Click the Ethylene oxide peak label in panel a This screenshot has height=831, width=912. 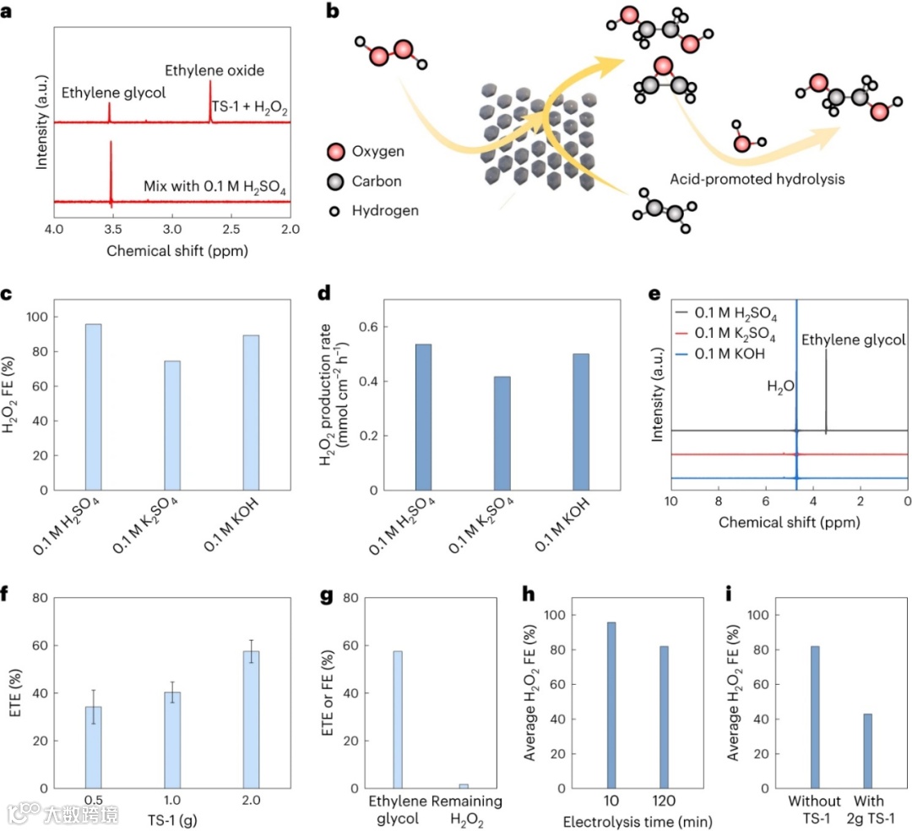214,70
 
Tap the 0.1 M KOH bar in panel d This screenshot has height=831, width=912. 580,422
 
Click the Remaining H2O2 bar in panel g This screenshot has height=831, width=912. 464,785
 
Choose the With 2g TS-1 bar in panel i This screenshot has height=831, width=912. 867,751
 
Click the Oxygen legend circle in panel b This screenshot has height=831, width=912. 336,152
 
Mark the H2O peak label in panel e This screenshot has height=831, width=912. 780,387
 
